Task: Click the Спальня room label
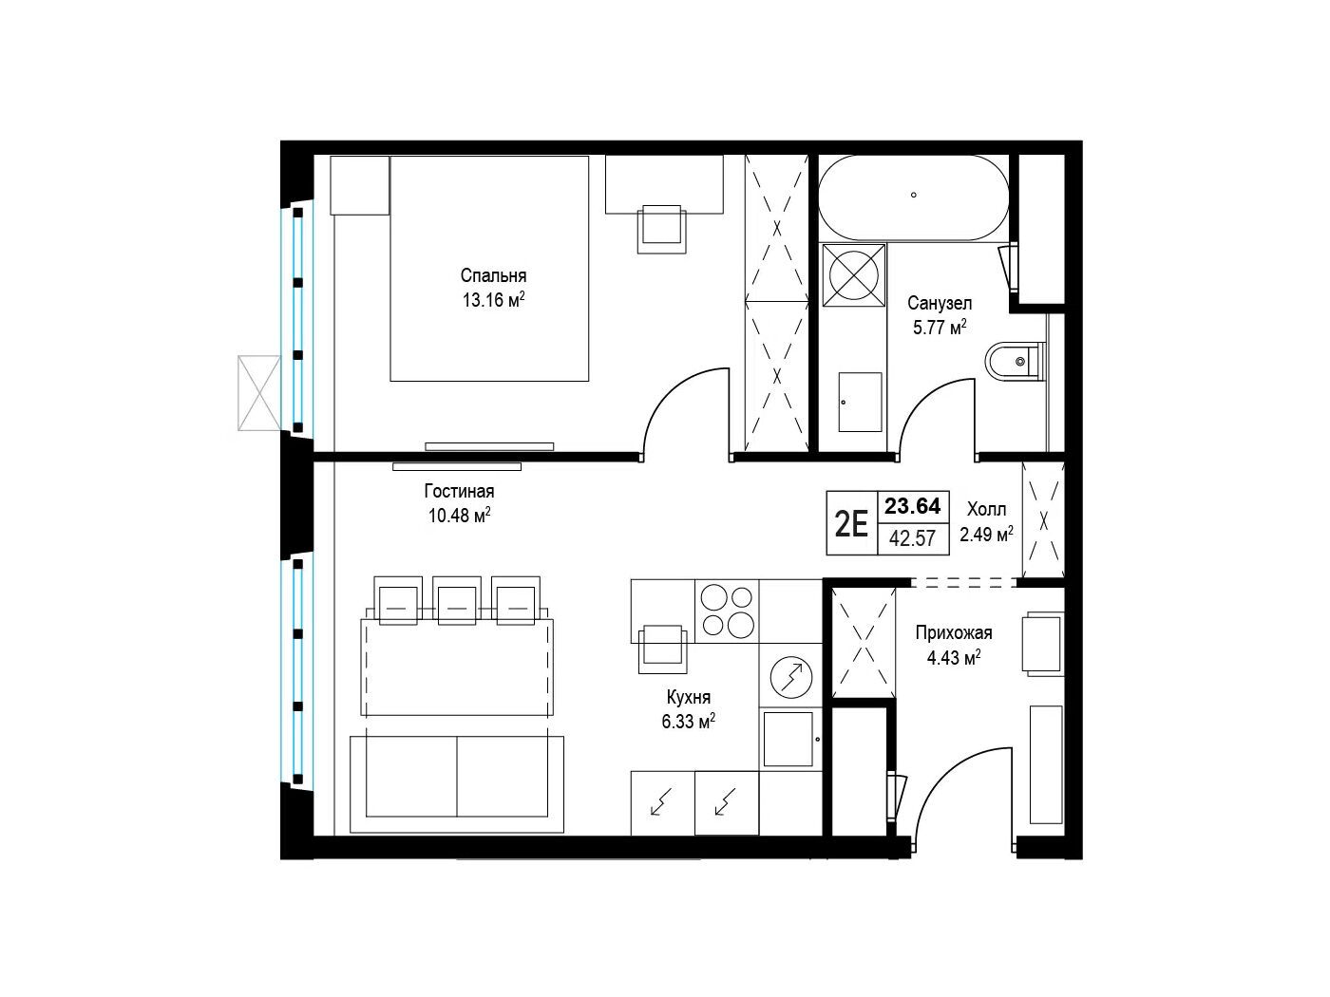pyautogui.click(x=493, y=276)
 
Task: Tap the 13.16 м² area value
pyautogui.click(x=493, y=300)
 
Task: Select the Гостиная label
pyautogui.click(x=459, y=491)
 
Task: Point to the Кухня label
pyautogui.click(x=689, y=697)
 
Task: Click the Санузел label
pyautogui.click(x=940, y=303)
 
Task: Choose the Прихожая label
pyautogui.click(x=954, y=633)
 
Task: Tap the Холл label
pyautogui.click(x=986, y=509)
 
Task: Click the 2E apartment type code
pyautogui.click(x=851, y=524)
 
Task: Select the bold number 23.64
pyautogui.click(x=913, y=505)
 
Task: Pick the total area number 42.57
pyautogui.click(x=913, y=538)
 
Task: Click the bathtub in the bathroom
pyautogui.click(x=913, y=198)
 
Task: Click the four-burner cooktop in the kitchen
pyautogui.click(x=727, y=611)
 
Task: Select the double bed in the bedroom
pyautogui.click(x=489, y=269)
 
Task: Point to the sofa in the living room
pyautogui.click(x=457, y=784)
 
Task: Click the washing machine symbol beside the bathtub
pyautogui.click(x=854, y=274)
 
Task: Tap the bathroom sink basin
pyautogui.click(x=860, y=402)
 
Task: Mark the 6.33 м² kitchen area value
pyautogui.click(x=689, y=722)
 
